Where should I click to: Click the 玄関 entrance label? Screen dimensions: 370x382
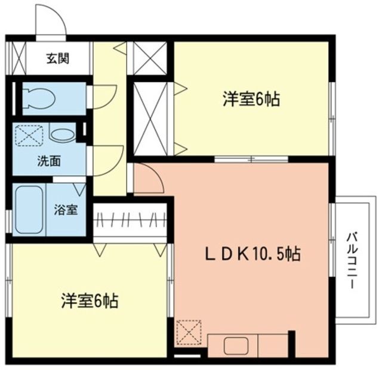[58, 58]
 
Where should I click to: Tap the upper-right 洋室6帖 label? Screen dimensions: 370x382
[252, 100]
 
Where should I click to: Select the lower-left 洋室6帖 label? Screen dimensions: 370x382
[90, 300]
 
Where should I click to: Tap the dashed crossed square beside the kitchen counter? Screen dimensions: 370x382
[190, 332]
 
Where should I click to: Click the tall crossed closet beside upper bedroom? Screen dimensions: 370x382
[149, 117]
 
